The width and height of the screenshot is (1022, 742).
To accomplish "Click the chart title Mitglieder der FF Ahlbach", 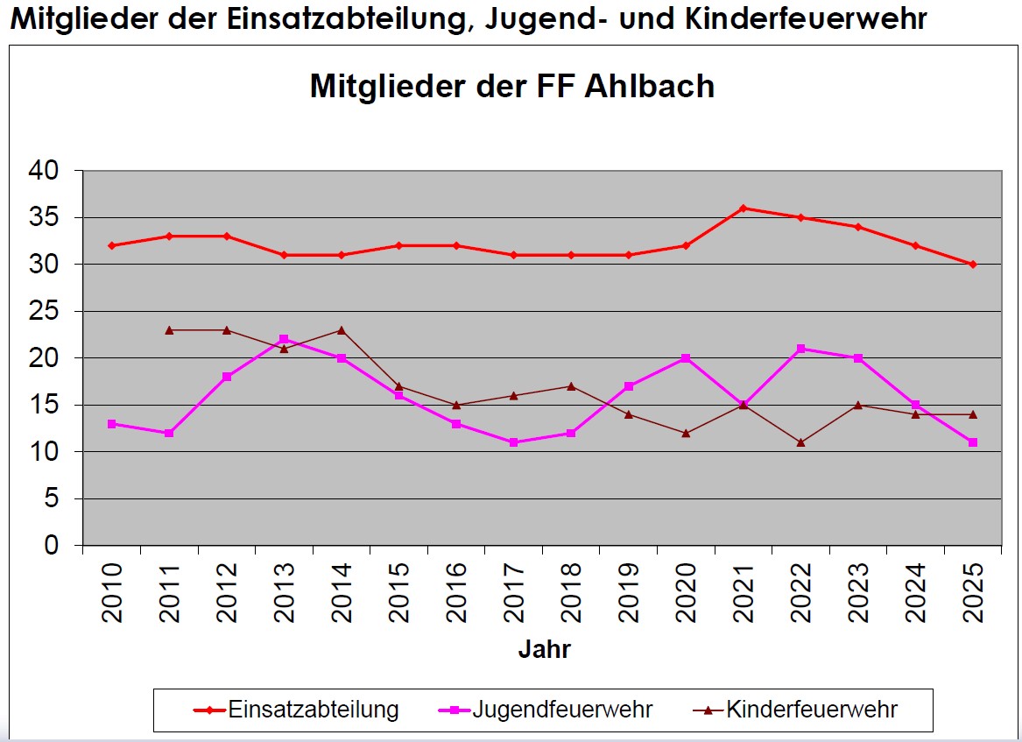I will coord(511,87).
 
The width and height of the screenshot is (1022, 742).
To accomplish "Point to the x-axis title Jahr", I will coord(544,650).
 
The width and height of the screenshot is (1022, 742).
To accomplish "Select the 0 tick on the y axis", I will coord(52,546).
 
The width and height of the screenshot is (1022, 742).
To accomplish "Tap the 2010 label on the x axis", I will coord(113,592).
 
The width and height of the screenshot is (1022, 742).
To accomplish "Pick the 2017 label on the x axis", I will coord(514,592).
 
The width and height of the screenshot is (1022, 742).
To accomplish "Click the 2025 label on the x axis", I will coord(973,592).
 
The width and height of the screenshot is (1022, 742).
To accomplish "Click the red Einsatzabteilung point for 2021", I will coord(743,208).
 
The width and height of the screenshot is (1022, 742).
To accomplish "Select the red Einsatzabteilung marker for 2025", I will coord(972,265).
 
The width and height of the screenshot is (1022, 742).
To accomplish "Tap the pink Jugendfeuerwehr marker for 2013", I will coord(284,339).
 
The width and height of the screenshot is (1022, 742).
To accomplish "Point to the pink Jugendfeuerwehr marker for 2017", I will coord(513,442).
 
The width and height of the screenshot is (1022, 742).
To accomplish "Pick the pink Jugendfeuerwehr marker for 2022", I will coord(800,349).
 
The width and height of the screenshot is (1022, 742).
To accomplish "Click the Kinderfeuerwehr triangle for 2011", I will coord(169,329).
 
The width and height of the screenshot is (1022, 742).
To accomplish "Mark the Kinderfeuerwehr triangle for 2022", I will coord(800,442).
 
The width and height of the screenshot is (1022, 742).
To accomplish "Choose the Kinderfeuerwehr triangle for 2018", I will coord(571,386).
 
